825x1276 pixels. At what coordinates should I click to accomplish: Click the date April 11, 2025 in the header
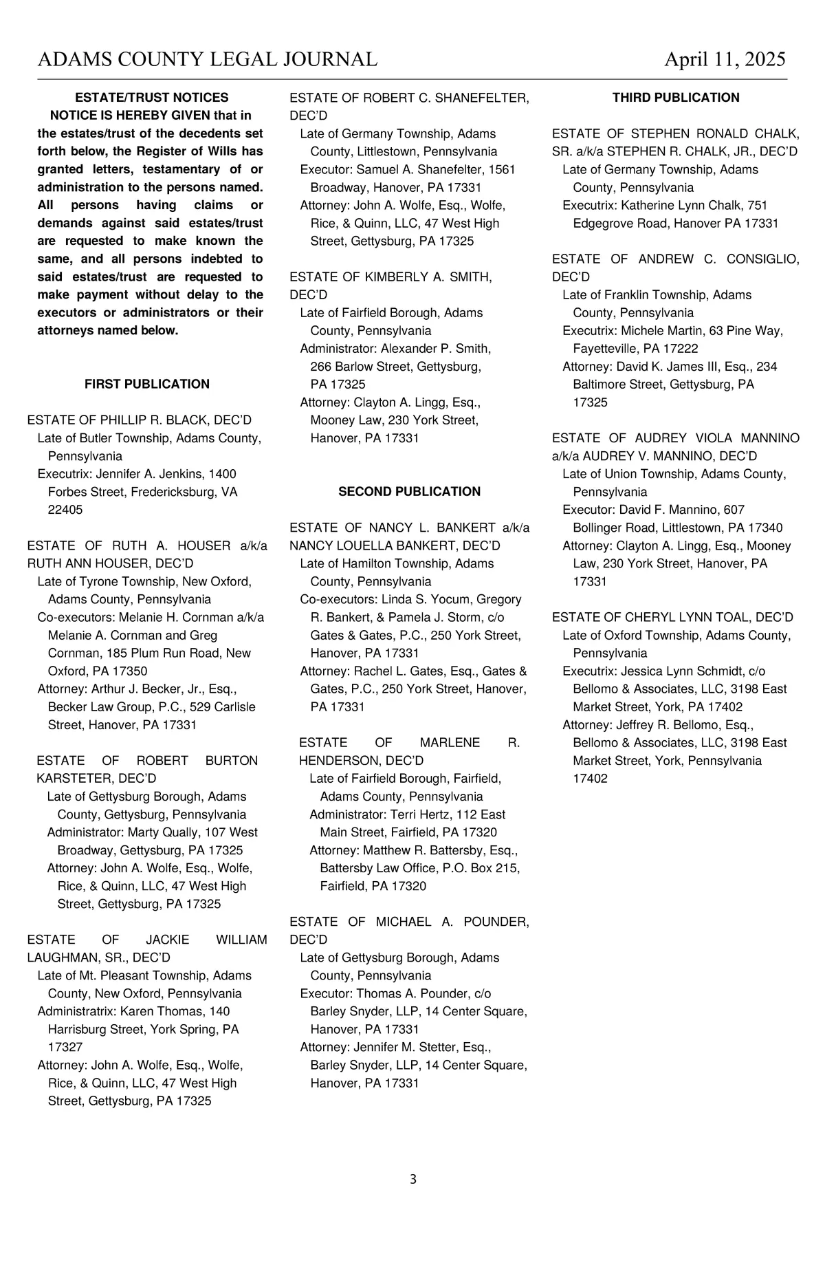pos(725,60)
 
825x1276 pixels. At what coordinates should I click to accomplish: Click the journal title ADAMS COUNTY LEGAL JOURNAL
pos(208,60)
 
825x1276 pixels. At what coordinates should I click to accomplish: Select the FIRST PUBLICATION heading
pos(147,384)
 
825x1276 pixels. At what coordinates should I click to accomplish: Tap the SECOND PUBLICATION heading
pos(409,491)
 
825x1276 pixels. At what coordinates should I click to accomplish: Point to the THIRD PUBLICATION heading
pos(676,98)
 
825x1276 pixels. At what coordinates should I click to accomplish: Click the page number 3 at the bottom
pos(413,1180)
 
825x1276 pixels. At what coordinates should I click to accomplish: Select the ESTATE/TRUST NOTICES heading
pos(151,98)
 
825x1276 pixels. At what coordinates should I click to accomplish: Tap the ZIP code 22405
pos(65,510)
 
